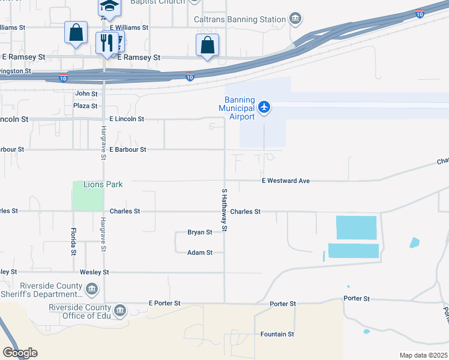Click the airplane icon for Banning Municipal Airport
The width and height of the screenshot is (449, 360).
click(264, 107)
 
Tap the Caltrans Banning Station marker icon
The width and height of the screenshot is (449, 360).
click(295, 19)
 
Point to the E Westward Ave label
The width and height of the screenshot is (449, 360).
click(285, 181)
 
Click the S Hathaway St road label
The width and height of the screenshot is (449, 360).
click(224, 210)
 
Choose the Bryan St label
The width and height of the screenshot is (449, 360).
click(200, 232)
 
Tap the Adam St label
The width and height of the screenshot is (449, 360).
click(200, 253)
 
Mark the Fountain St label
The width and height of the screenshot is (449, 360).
click(277, 334)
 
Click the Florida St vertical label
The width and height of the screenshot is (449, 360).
click(74, 242)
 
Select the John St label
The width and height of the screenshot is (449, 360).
click(86, 94)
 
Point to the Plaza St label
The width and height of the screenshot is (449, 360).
click(85, 106)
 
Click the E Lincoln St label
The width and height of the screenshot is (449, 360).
click(127, 119)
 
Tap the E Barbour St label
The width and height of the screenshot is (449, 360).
click(128, 149)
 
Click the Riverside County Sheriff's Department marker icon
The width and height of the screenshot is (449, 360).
click(92, 290)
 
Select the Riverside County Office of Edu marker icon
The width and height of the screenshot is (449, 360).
click(120, 310)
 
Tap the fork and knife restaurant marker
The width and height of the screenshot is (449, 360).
click(107, 43)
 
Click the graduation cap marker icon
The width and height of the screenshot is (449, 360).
click(110, 6)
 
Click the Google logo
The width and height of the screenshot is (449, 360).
click(20, 353)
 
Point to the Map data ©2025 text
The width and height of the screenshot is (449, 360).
click(423, 355)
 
